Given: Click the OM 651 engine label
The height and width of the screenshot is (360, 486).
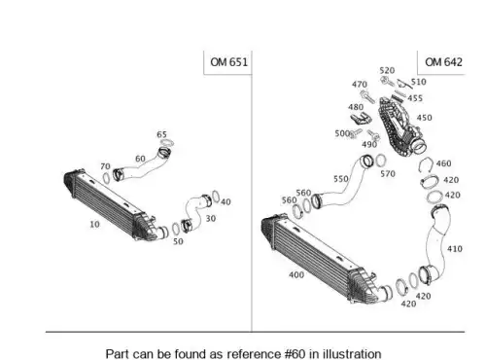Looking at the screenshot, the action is click(x=228, y=62).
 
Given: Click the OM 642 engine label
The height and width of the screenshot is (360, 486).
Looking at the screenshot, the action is click(x=443, y=62).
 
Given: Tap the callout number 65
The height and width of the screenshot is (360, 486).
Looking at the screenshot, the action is click(x=161, y=134).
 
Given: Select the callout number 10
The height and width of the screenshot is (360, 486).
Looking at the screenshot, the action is click(x=94, y=224).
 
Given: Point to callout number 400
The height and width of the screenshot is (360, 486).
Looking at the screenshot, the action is click(x=296, y=274).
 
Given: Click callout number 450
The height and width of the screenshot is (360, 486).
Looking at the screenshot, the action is click(x=425, y=118).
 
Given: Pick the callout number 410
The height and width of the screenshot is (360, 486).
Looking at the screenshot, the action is click(x=455, y=249).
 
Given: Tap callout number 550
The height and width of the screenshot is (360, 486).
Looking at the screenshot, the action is click(x=341, y=179).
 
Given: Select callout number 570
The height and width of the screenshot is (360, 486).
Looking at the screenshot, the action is click(x=388, y=174).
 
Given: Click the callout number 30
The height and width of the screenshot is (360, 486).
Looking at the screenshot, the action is click(x=211, y=218).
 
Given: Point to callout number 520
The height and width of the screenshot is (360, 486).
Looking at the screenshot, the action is click(x=387, y=70).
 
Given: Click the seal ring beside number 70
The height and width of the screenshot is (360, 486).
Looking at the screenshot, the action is click(x=106, y=178).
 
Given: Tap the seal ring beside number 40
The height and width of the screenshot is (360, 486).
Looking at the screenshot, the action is click(x=216, y=197).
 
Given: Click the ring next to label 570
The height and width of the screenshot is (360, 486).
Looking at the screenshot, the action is click(x=381, y=161).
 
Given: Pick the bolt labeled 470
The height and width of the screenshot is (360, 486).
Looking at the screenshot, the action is click(x=367, y=96).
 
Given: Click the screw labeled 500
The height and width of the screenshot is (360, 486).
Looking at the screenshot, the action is click(x=356, y=132).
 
